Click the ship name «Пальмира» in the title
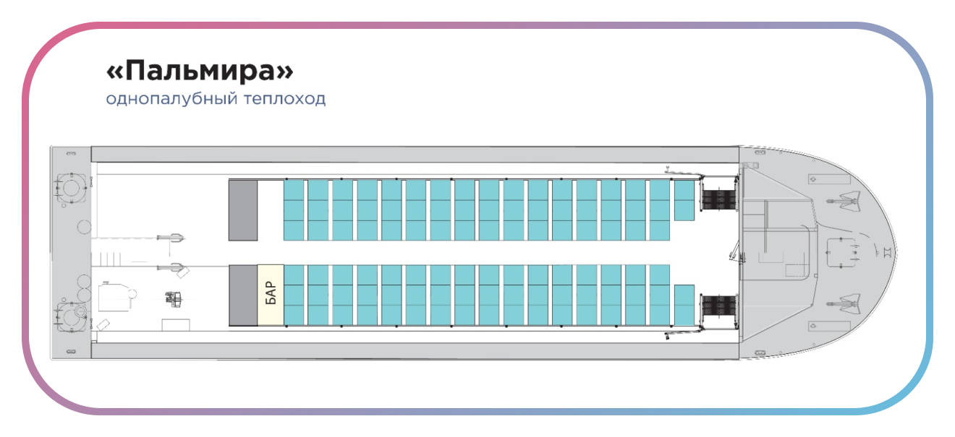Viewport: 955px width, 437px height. (200, 72)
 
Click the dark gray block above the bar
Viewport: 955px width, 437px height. (243, 209)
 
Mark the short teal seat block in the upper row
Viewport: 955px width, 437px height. (684, 199)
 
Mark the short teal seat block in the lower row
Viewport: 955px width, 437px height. (684, 305)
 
